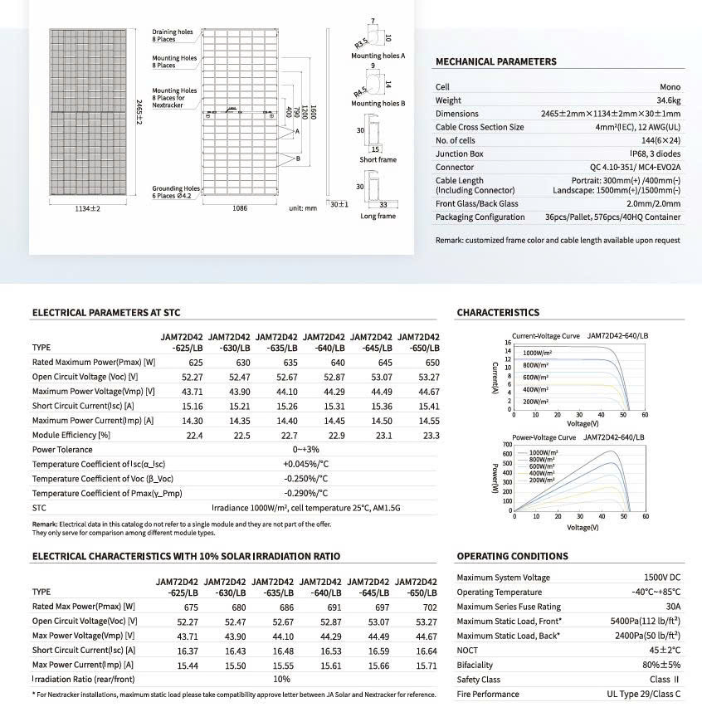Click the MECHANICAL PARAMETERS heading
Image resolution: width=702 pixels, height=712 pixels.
pyautogui.click(x=495, y=61)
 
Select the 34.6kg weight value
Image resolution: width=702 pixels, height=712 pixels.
pyautogui.click(x=665, y=100)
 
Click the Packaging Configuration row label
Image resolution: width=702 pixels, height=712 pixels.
pyautogui.click(x=480, y=217)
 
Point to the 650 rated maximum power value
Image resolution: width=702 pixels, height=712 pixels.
pyautogui.click(x=432, y=363)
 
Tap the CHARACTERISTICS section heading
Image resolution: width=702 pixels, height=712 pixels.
pyautogui.click(x=498, y=313)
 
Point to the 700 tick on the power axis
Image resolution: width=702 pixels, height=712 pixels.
pyautogui.click(x=508, y=445)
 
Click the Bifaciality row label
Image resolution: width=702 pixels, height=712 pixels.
pyautogui.click(x=475, y=665)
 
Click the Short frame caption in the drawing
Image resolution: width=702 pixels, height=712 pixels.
pyautogui.click(x=378, y=160)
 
